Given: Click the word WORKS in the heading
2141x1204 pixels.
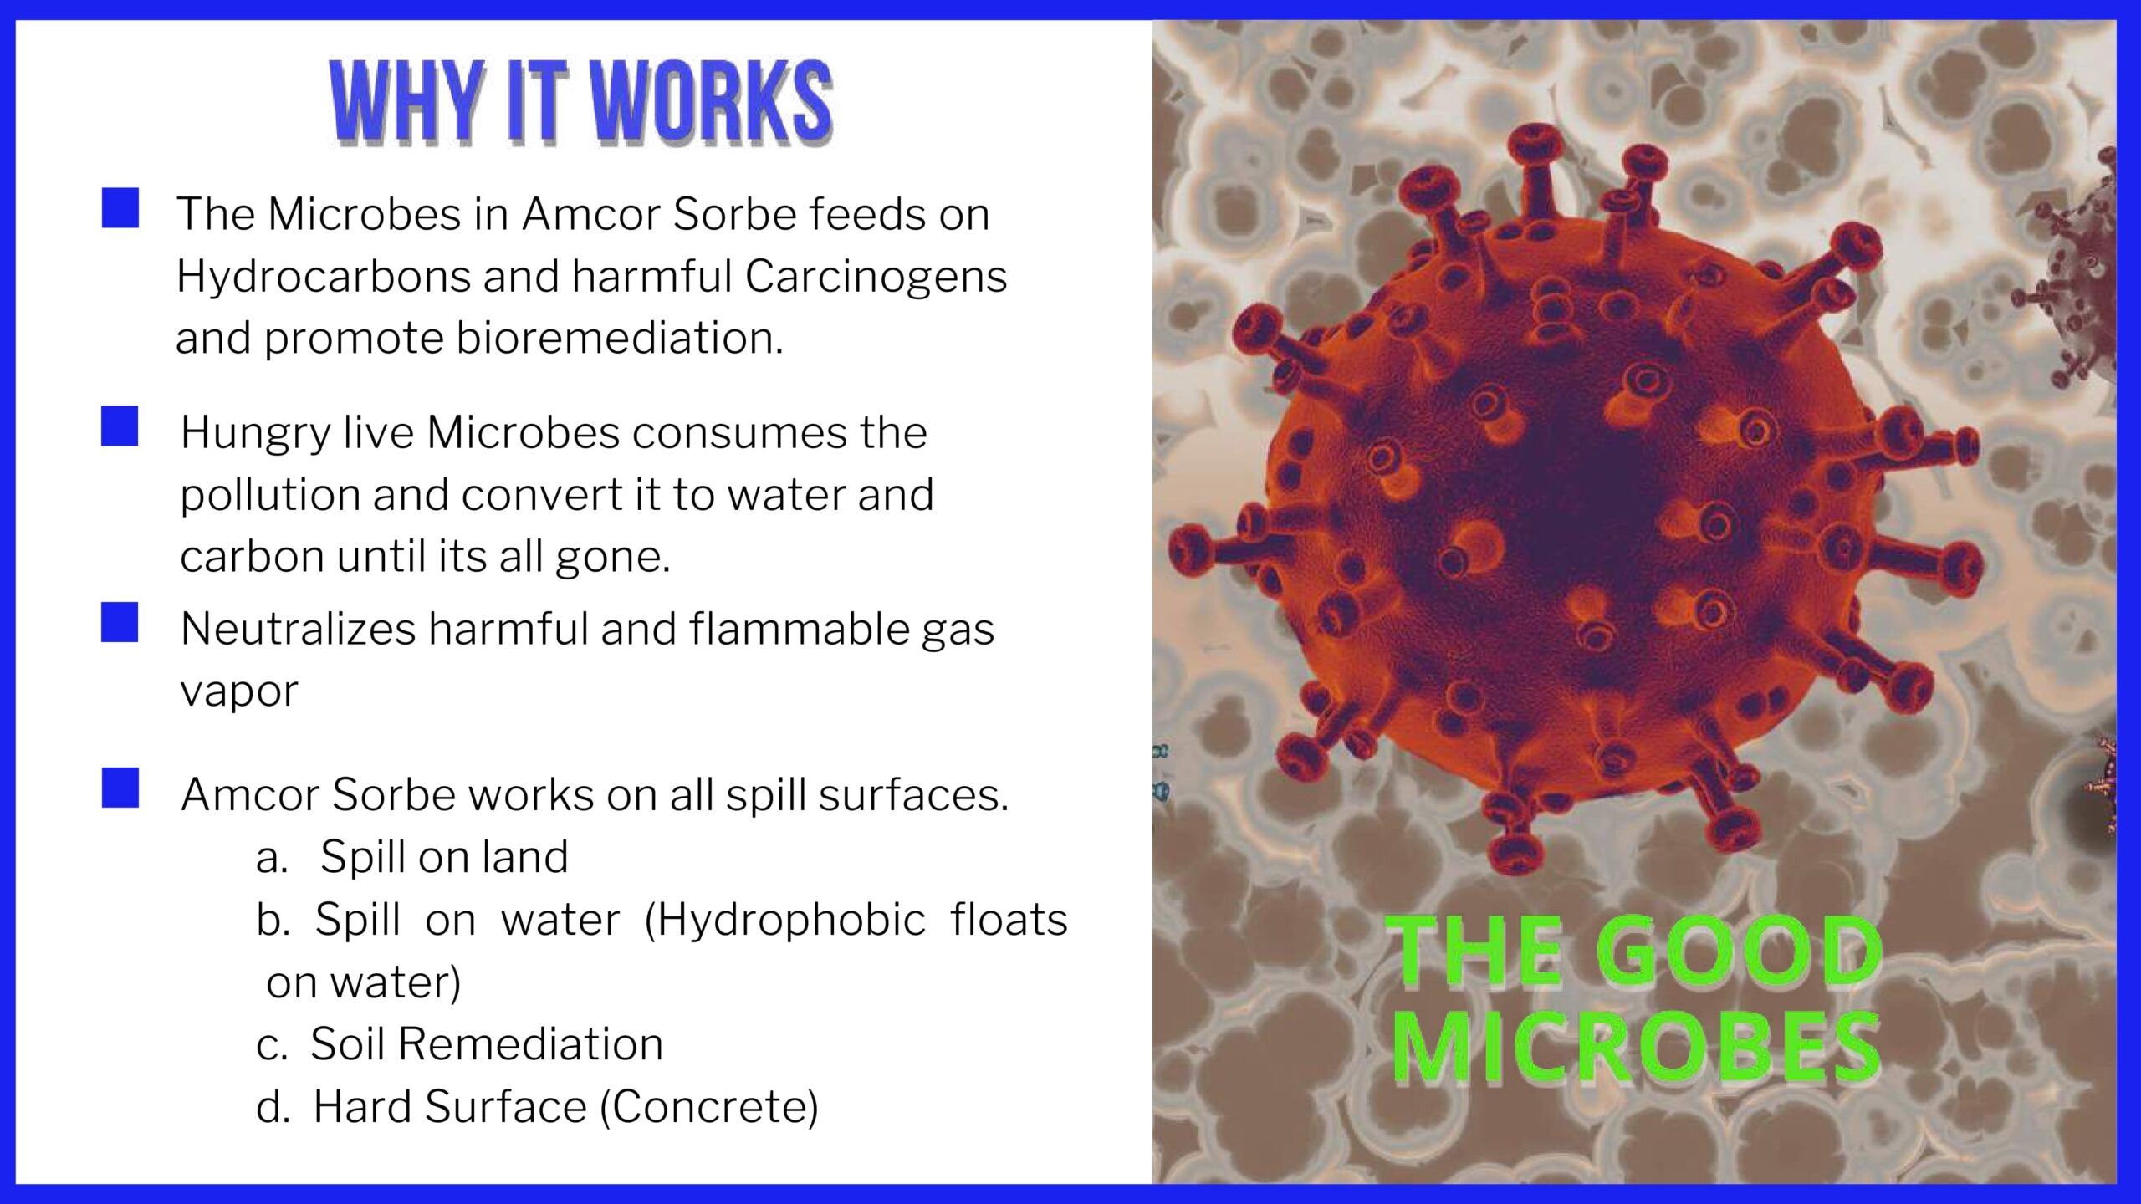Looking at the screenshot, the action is tap(712, 102).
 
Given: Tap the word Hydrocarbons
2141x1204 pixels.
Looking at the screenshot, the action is tap(324, 276).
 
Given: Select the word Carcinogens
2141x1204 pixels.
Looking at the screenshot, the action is tap(876, 278).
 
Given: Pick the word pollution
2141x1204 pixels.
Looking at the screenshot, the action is tap(270, 495).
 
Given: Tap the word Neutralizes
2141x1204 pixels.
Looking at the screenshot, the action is tap(298, 629).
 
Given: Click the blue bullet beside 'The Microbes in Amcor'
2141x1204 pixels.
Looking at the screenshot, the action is tap(120, 208).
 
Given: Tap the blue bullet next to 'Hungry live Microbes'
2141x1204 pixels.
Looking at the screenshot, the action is tap(120, 426).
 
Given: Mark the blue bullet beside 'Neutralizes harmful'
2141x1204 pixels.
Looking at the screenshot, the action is tap(120, 623).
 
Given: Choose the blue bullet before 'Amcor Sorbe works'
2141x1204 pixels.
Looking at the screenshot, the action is tap(120, 788).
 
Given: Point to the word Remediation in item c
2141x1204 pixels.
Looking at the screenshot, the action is tap(530, 1044).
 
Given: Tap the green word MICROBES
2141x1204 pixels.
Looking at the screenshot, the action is tap(1637, 1048).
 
